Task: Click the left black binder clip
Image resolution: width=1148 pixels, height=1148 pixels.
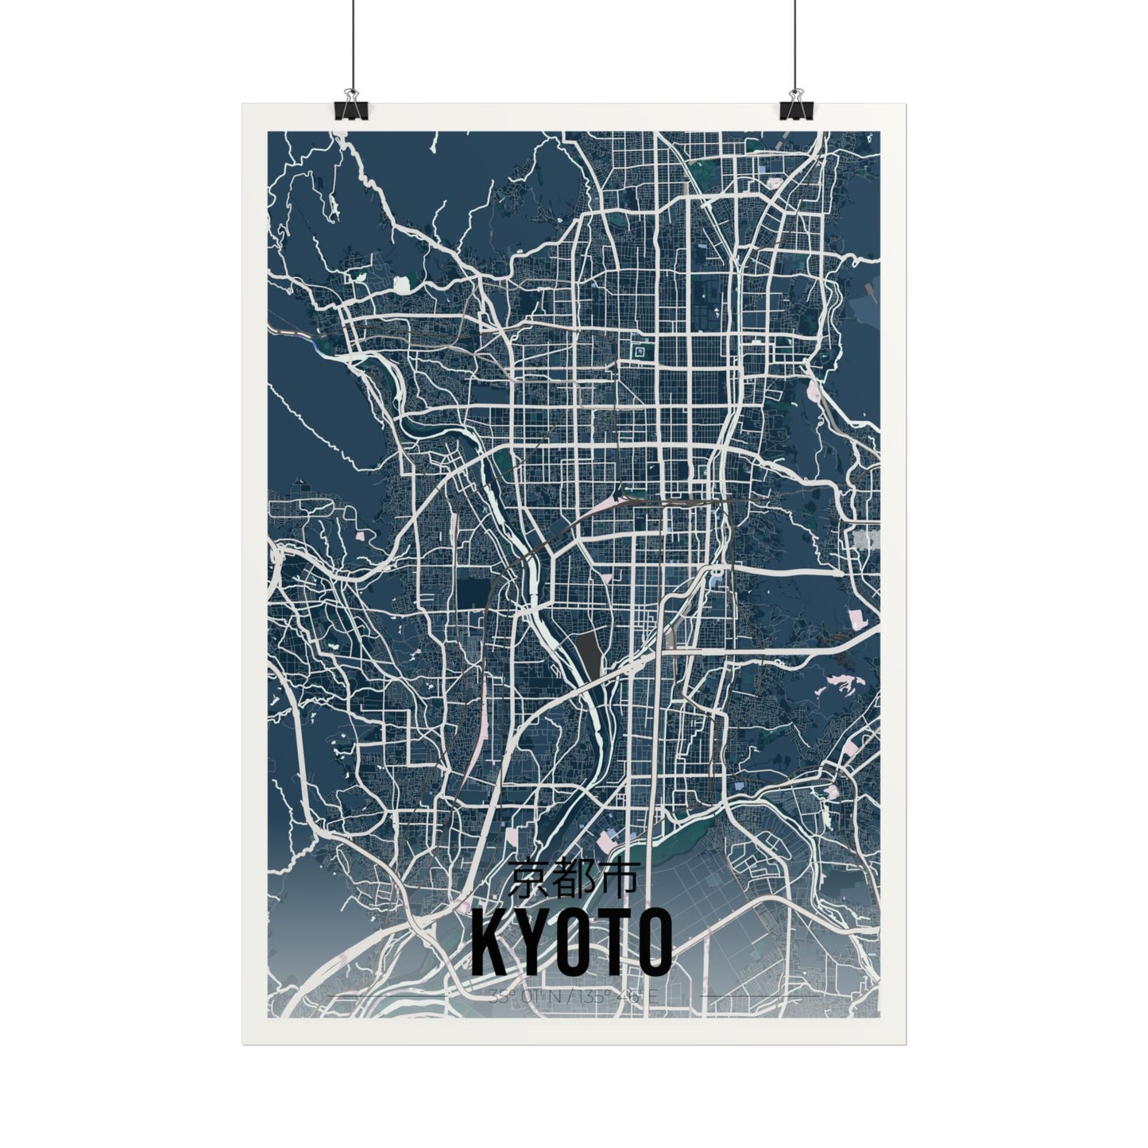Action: (x=350, y=106)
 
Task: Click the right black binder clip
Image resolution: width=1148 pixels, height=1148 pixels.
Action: (x=795, y=106)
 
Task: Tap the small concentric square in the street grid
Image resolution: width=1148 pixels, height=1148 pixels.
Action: (x=638, y=349)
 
